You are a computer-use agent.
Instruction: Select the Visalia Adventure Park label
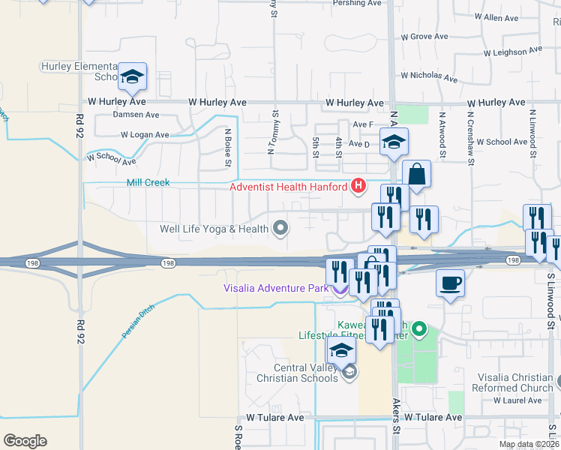[276, 288]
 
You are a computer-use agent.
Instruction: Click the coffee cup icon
[450, 283]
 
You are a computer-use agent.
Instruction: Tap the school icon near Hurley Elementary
[132, 76]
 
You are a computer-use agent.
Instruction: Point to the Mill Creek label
[148, 182]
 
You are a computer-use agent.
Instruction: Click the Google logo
[25, 441]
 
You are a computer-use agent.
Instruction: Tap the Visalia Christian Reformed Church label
[515, 382]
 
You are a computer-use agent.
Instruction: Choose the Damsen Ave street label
[136, 115]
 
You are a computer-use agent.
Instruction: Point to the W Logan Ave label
[145, 136]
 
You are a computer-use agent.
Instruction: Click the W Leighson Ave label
[512, 52]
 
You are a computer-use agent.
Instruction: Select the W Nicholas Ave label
[429, 76]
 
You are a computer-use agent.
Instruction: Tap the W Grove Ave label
[424, 36]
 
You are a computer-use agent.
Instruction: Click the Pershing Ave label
[357, 3]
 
